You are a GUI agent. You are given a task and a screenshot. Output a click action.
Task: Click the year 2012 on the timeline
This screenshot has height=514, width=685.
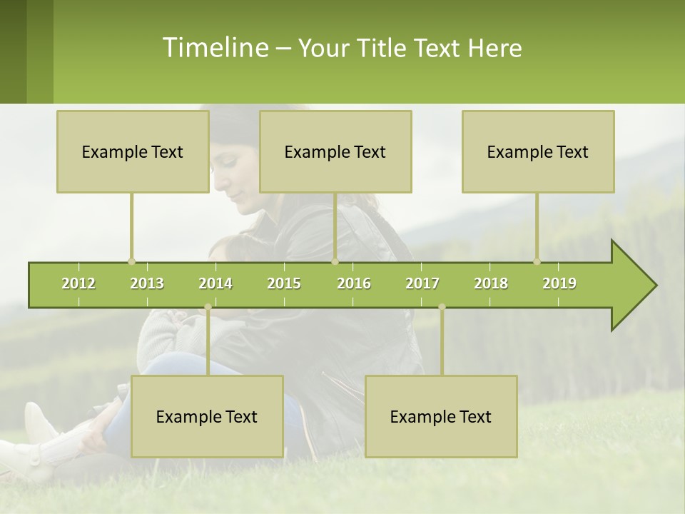(x=78, y=283)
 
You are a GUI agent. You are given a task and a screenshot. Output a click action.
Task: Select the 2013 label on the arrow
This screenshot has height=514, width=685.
(x=147, y=283)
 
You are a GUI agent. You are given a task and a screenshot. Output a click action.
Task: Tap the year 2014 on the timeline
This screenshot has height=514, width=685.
(x=215, y=283)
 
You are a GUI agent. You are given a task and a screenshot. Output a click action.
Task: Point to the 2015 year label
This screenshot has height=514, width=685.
(x=284, y=283)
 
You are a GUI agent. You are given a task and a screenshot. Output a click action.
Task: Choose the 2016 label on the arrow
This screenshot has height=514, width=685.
(x=354, y=283)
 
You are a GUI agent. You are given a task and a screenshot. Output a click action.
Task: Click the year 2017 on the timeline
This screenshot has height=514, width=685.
(x=422, y=283)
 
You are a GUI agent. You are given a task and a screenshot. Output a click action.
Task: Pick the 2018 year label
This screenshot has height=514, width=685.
(x=491, y=283)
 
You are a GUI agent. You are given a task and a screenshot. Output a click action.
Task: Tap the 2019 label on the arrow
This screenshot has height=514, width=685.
(x=559, y=283)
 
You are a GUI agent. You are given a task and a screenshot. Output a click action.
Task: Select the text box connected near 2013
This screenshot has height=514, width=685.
(x=133, y=151)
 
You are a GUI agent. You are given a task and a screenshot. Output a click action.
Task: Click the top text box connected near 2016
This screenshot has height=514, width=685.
(x=335, y=151)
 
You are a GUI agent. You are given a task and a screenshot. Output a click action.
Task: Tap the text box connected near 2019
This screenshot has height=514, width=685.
(x=538, y=151)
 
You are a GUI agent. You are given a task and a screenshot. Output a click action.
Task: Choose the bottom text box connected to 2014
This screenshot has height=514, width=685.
(x=207, y=416)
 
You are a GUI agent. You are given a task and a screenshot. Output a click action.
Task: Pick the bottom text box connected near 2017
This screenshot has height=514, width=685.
(x=441, y=416)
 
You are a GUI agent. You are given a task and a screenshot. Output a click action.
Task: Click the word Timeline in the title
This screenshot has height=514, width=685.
(x=214, y=48)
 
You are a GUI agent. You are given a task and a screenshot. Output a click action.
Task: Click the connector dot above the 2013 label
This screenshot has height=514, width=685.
(x=131, y=261)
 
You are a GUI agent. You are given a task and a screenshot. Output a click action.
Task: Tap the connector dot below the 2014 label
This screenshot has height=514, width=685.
(x=208, y=307)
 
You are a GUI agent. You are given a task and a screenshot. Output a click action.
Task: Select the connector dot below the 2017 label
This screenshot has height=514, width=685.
(x=442, y=307)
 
